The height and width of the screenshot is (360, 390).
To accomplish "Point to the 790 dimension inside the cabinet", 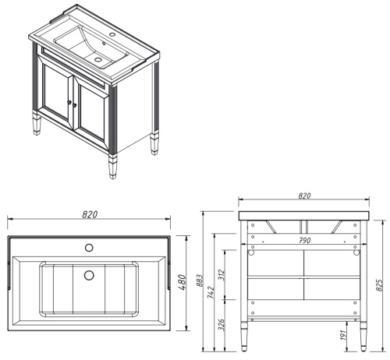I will (304, 240).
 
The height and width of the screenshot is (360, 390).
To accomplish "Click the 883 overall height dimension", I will (199, 281).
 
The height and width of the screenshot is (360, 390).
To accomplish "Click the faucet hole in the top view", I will (88, 249).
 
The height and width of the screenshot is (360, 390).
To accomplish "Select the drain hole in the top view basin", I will (88, 275).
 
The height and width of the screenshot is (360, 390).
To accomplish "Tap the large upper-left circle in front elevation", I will (252, 251).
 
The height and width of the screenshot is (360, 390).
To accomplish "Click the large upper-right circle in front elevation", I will (356, 251).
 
